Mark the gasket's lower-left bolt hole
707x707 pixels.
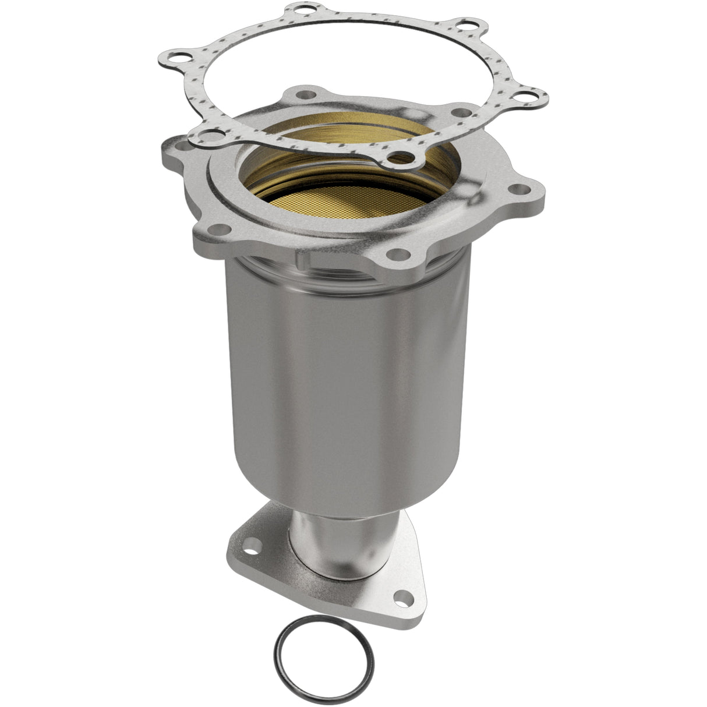(x=205, y=137)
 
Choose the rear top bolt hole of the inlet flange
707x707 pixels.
(x=303, y=93)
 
